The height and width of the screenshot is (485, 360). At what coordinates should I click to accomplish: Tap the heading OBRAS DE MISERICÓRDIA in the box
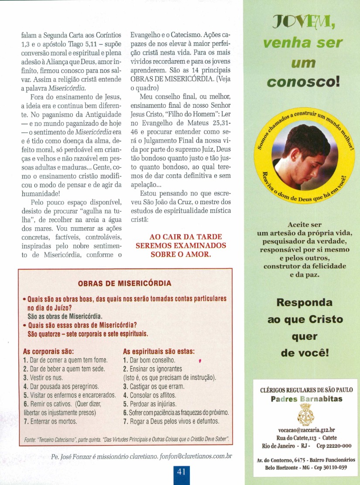point(124,283)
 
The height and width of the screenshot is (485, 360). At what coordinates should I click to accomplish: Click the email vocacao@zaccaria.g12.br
point(306,430)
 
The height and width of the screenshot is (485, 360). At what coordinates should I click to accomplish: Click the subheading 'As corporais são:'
point(48,351)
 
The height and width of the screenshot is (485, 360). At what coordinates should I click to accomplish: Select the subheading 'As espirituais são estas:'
point(159,351)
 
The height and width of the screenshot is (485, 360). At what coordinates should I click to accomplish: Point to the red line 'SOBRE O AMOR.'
point(181,254)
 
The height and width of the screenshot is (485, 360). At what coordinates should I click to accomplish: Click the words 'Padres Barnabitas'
point(306,399)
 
